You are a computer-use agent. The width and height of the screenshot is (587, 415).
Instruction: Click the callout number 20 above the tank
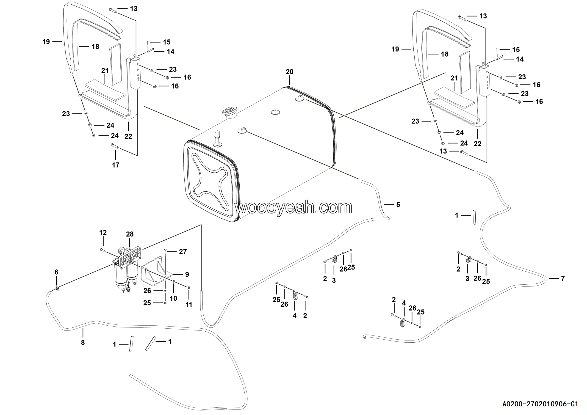pos(289,72)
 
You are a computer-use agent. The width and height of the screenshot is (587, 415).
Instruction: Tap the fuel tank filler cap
pos(230,112)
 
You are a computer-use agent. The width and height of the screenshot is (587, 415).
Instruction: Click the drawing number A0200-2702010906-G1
pos(540,404)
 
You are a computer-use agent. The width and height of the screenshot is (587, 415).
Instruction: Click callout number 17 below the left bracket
pos(116,165)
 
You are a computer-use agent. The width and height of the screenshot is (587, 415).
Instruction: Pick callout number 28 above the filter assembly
pos(130,234)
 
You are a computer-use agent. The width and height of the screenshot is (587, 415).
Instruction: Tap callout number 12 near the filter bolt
pos(103,233)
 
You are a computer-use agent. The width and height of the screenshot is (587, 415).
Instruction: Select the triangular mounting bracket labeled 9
pos(153,271)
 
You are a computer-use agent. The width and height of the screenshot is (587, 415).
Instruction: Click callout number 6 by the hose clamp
pos(56,272)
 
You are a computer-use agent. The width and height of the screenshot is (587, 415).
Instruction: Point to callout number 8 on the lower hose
pos(83,343)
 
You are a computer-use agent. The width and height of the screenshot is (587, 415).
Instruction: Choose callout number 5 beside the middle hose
pos(398,205)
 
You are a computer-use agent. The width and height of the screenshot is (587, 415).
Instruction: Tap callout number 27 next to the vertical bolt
pos(183,252)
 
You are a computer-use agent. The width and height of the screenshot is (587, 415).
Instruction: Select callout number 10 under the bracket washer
pos(173,298)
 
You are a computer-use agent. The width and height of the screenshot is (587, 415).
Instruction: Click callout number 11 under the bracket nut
pos(189,305)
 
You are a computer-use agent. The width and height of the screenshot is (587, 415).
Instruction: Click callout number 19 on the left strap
pos(46,42)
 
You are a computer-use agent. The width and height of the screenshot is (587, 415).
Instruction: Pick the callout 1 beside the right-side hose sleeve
pos(457,215)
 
